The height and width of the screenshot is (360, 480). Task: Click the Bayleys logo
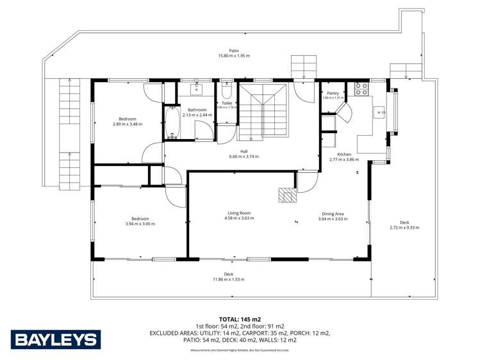pyautogui.click(x=55, y=340)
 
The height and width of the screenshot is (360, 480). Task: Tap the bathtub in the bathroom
pyautogui.click(x=172, y=123)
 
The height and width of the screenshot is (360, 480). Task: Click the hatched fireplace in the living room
pyautogui.click(x=288, y=195)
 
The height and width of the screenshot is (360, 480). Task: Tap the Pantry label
pyautogui.click(x=333, y=93)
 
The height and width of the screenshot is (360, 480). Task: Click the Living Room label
pyautogui.click(x=239, y=213)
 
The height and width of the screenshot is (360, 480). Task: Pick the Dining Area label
pyautogui.click(x=333, y=213)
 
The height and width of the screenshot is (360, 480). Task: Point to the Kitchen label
pyautogui.click(x=344, y=154)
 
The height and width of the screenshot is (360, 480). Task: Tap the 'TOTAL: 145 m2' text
pyautogui.click(x=239, y=319)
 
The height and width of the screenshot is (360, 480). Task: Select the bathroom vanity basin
pyautogui.click(x=197, y=88)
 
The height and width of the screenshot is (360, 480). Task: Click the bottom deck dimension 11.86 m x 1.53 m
pyautogui.click(x=229, y=279)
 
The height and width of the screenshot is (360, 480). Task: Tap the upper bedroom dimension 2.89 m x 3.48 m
pyautogui.click(x=126, y=124)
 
